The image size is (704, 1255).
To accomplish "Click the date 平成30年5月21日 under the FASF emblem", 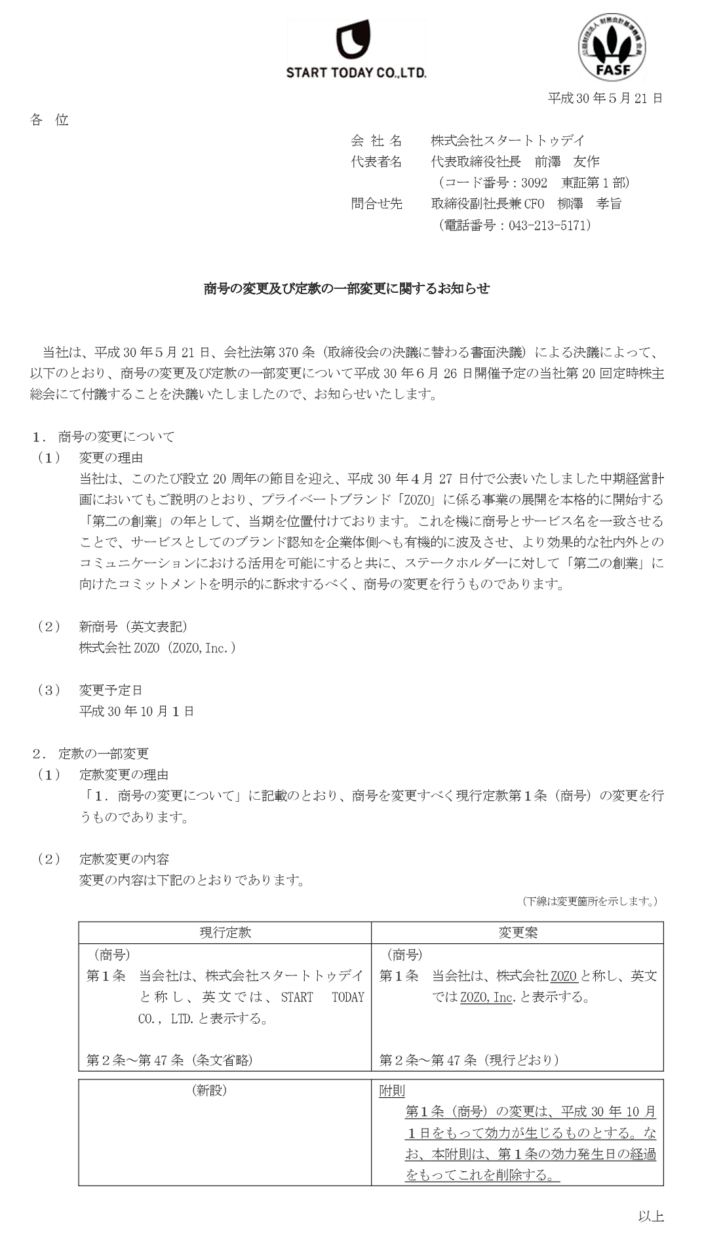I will (605, 98).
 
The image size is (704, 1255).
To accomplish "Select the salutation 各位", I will (49, 120).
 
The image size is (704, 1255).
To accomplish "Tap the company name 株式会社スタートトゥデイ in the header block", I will (507, 140).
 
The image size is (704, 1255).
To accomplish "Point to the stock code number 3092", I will (534, 183).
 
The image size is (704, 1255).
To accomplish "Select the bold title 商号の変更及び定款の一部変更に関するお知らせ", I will (347, 289).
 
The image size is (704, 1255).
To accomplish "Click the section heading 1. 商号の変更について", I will (104, 436).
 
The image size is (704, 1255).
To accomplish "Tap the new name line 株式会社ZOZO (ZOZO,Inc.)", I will (157, 648).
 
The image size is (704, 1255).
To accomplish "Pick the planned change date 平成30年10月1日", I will (136, 711).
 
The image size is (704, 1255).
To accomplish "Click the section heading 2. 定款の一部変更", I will (91, 753).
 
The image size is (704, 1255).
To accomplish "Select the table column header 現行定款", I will (225, 932).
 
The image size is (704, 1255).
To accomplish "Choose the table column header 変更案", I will (518, 932).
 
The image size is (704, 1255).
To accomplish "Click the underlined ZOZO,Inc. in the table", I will (486, 998).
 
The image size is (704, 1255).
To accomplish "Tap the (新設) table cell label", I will (209, 1091).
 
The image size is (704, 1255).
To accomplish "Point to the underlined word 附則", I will (392, 1091).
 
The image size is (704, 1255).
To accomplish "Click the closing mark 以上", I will (651, 1216).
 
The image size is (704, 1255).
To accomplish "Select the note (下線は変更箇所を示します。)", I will (590, 901).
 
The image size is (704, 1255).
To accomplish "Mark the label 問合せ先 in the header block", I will (376, 204).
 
